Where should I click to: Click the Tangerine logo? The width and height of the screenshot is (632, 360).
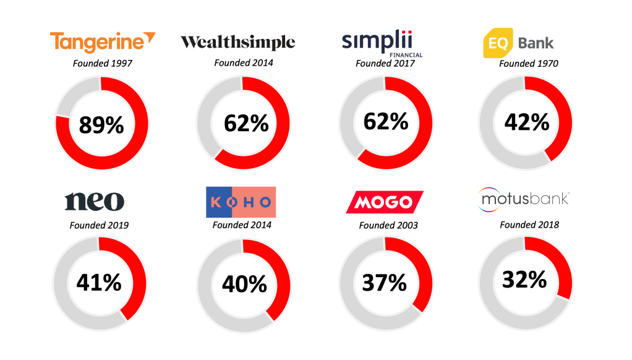[102, 42]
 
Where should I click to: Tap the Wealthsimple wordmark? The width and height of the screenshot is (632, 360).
[237, 42]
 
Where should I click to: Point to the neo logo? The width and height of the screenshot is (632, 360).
[94, 201]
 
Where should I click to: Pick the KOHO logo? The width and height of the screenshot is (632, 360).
[241, 201]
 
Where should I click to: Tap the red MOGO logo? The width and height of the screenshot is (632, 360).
[385, 202]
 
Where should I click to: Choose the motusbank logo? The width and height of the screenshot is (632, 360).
[524, 199]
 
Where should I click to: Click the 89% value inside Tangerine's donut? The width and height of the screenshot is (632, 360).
[101, 125]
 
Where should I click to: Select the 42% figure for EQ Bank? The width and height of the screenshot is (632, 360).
[526, 122]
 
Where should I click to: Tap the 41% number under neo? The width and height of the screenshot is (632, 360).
[99, 283]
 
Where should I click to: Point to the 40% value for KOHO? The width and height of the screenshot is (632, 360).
[244, 284]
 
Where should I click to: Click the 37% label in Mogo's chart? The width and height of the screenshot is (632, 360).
[384, 283]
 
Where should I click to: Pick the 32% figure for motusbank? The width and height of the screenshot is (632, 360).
[524, 280]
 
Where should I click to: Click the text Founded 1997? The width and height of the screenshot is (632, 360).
[102, 62]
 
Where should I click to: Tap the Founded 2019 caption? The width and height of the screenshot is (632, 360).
[99, 225]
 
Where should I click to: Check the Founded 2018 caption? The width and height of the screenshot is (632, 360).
[529, 225]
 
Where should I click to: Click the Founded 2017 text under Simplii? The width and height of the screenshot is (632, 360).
[385, 63]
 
